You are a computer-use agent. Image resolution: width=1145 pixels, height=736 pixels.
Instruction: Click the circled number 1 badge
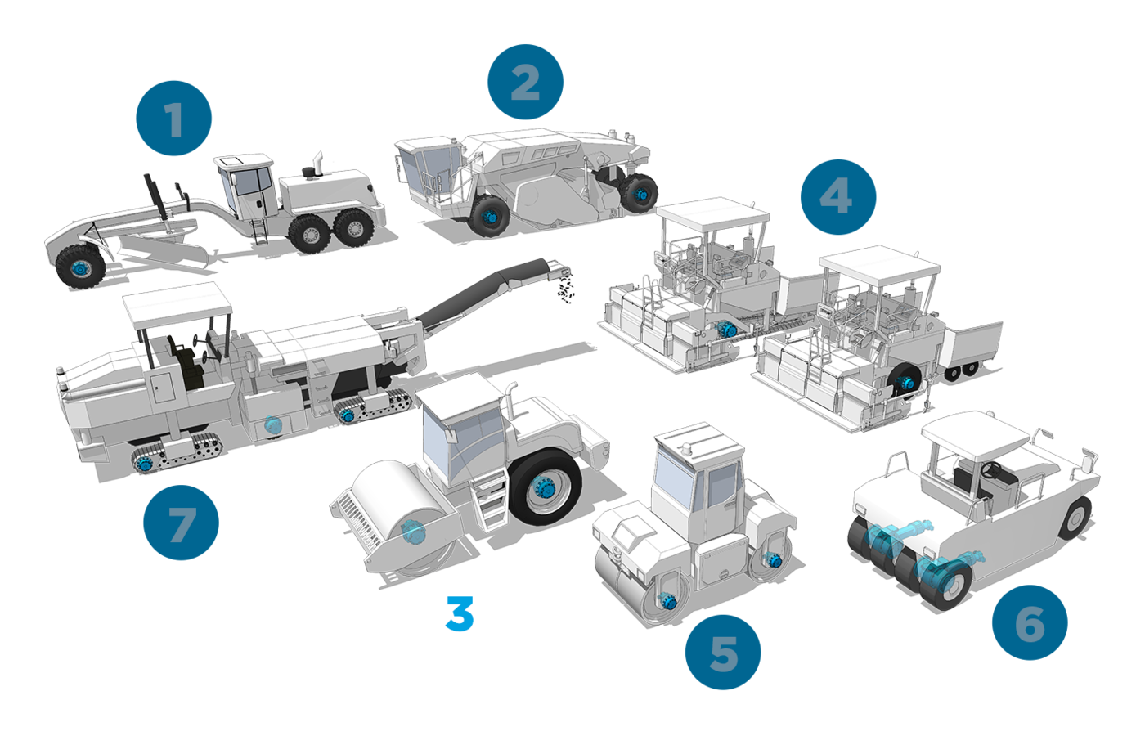click(173, 118)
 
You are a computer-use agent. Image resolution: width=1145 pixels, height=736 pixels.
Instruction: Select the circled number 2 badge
click(525, 82)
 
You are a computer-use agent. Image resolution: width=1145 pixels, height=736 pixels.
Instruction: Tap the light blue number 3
click(460, 613)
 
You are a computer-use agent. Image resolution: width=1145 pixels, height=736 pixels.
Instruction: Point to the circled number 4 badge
click(838, 197)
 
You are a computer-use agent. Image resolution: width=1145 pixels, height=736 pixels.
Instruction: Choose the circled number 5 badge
click(723, 653)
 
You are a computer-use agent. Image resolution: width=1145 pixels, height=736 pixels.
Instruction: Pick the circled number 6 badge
click(1030, 622)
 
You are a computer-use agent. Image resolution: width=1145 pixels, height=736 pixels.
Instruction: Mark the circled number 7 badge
click(181, 523)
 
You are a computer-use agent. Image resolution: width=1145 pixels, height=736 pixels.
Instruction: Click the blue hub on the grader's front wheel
click(80, 268)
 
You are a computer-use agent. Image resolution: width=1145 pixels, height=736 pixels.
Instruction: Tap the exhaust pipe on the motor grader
click(318, 163)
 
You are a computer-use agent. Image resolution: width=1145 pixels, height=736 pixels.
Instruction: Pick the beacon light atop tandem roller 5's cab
click(686, 449)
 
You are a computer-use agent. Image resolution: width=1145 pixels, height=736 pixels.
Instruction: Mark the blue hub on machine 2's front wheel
click(491, 217)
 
